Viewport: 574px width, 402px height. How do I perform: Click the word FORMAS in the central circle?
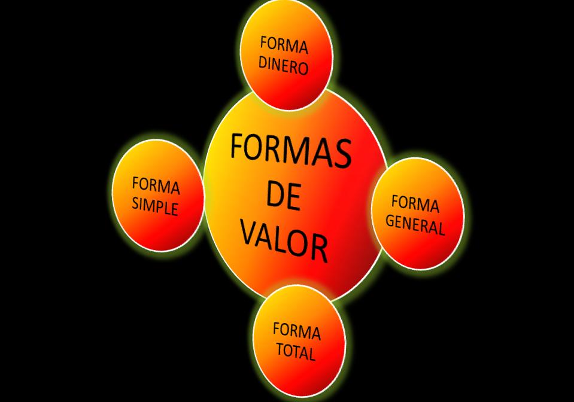click(290, 150)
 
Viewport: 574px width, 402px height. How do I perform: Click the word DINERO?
click(283, 65)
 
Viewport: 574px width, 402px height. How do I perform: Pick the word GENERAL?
click(415, 224)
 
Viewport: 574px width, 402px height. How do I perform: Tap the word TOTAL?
click(295, 351)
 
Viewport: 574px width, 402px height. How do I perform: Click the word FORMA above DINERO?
click(284, 45)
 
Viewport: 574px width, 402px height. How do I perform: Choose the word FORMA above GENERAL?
click(415, 204)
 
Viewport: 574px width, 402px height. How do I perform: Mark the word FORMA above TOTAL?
click(296, 330)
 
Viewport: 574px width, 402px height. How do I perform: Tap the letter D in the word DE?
click(274, 194)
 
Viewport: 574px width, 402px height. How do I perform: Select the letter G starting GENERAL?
click(390, 221)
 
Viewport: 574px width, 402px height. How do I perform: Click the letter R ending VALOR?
click(320, 249)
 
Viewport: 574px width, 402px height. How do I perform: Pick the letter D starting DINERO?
click(263, 63)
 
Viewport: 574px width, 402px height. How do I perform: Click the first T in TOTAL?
click(280, 348)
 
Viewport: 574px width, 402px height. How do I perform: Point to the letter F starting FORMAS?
click(238, 145)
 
